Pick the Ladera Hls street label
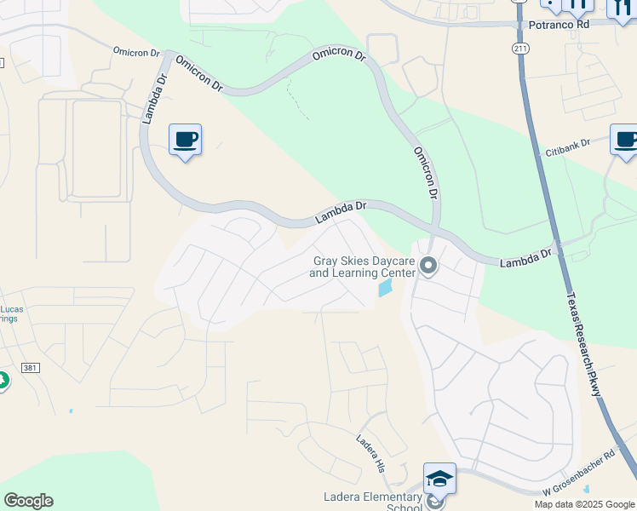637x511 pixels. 370,452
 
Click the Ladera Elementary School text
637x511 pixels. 373,502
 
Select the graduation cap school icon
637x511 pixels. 439,479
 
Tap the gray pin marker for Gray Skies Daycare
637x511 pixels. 428,267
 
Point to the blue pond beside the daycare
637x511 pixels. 386,289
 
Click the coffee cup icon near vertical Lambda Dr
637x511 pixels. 185,139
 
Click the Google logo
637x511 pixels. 28,500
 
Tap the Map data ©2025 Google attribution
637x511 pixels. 583,504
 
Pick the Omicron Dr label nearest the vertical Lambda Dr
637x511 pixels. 136,52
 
